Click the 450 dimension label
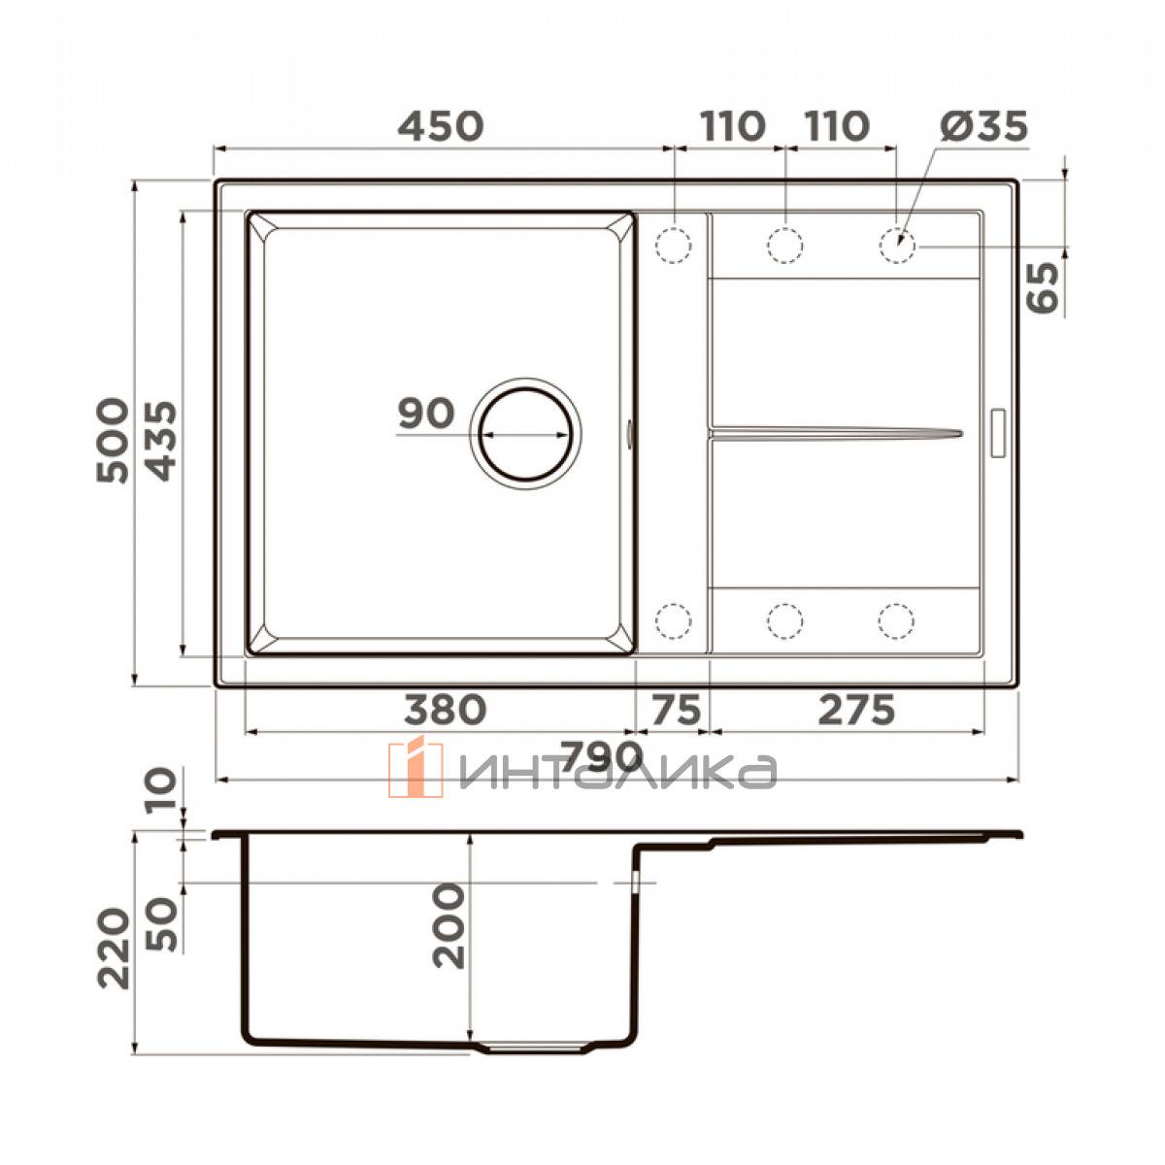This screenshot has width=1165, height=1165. coord(441,126)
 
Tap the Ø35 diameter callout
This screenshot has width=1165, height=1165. coord(983,126)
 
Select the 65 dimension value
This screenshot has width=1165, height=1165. coord(1044,287)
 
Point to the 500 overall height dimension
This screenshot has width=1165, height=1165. coord(113,440)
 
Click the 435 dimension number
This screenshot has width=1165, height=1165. coord(161,441)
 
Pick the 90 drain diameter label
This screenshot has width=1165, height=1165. coord(425,413)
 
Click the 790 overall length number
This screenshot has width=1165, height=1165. coord(600,755)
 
